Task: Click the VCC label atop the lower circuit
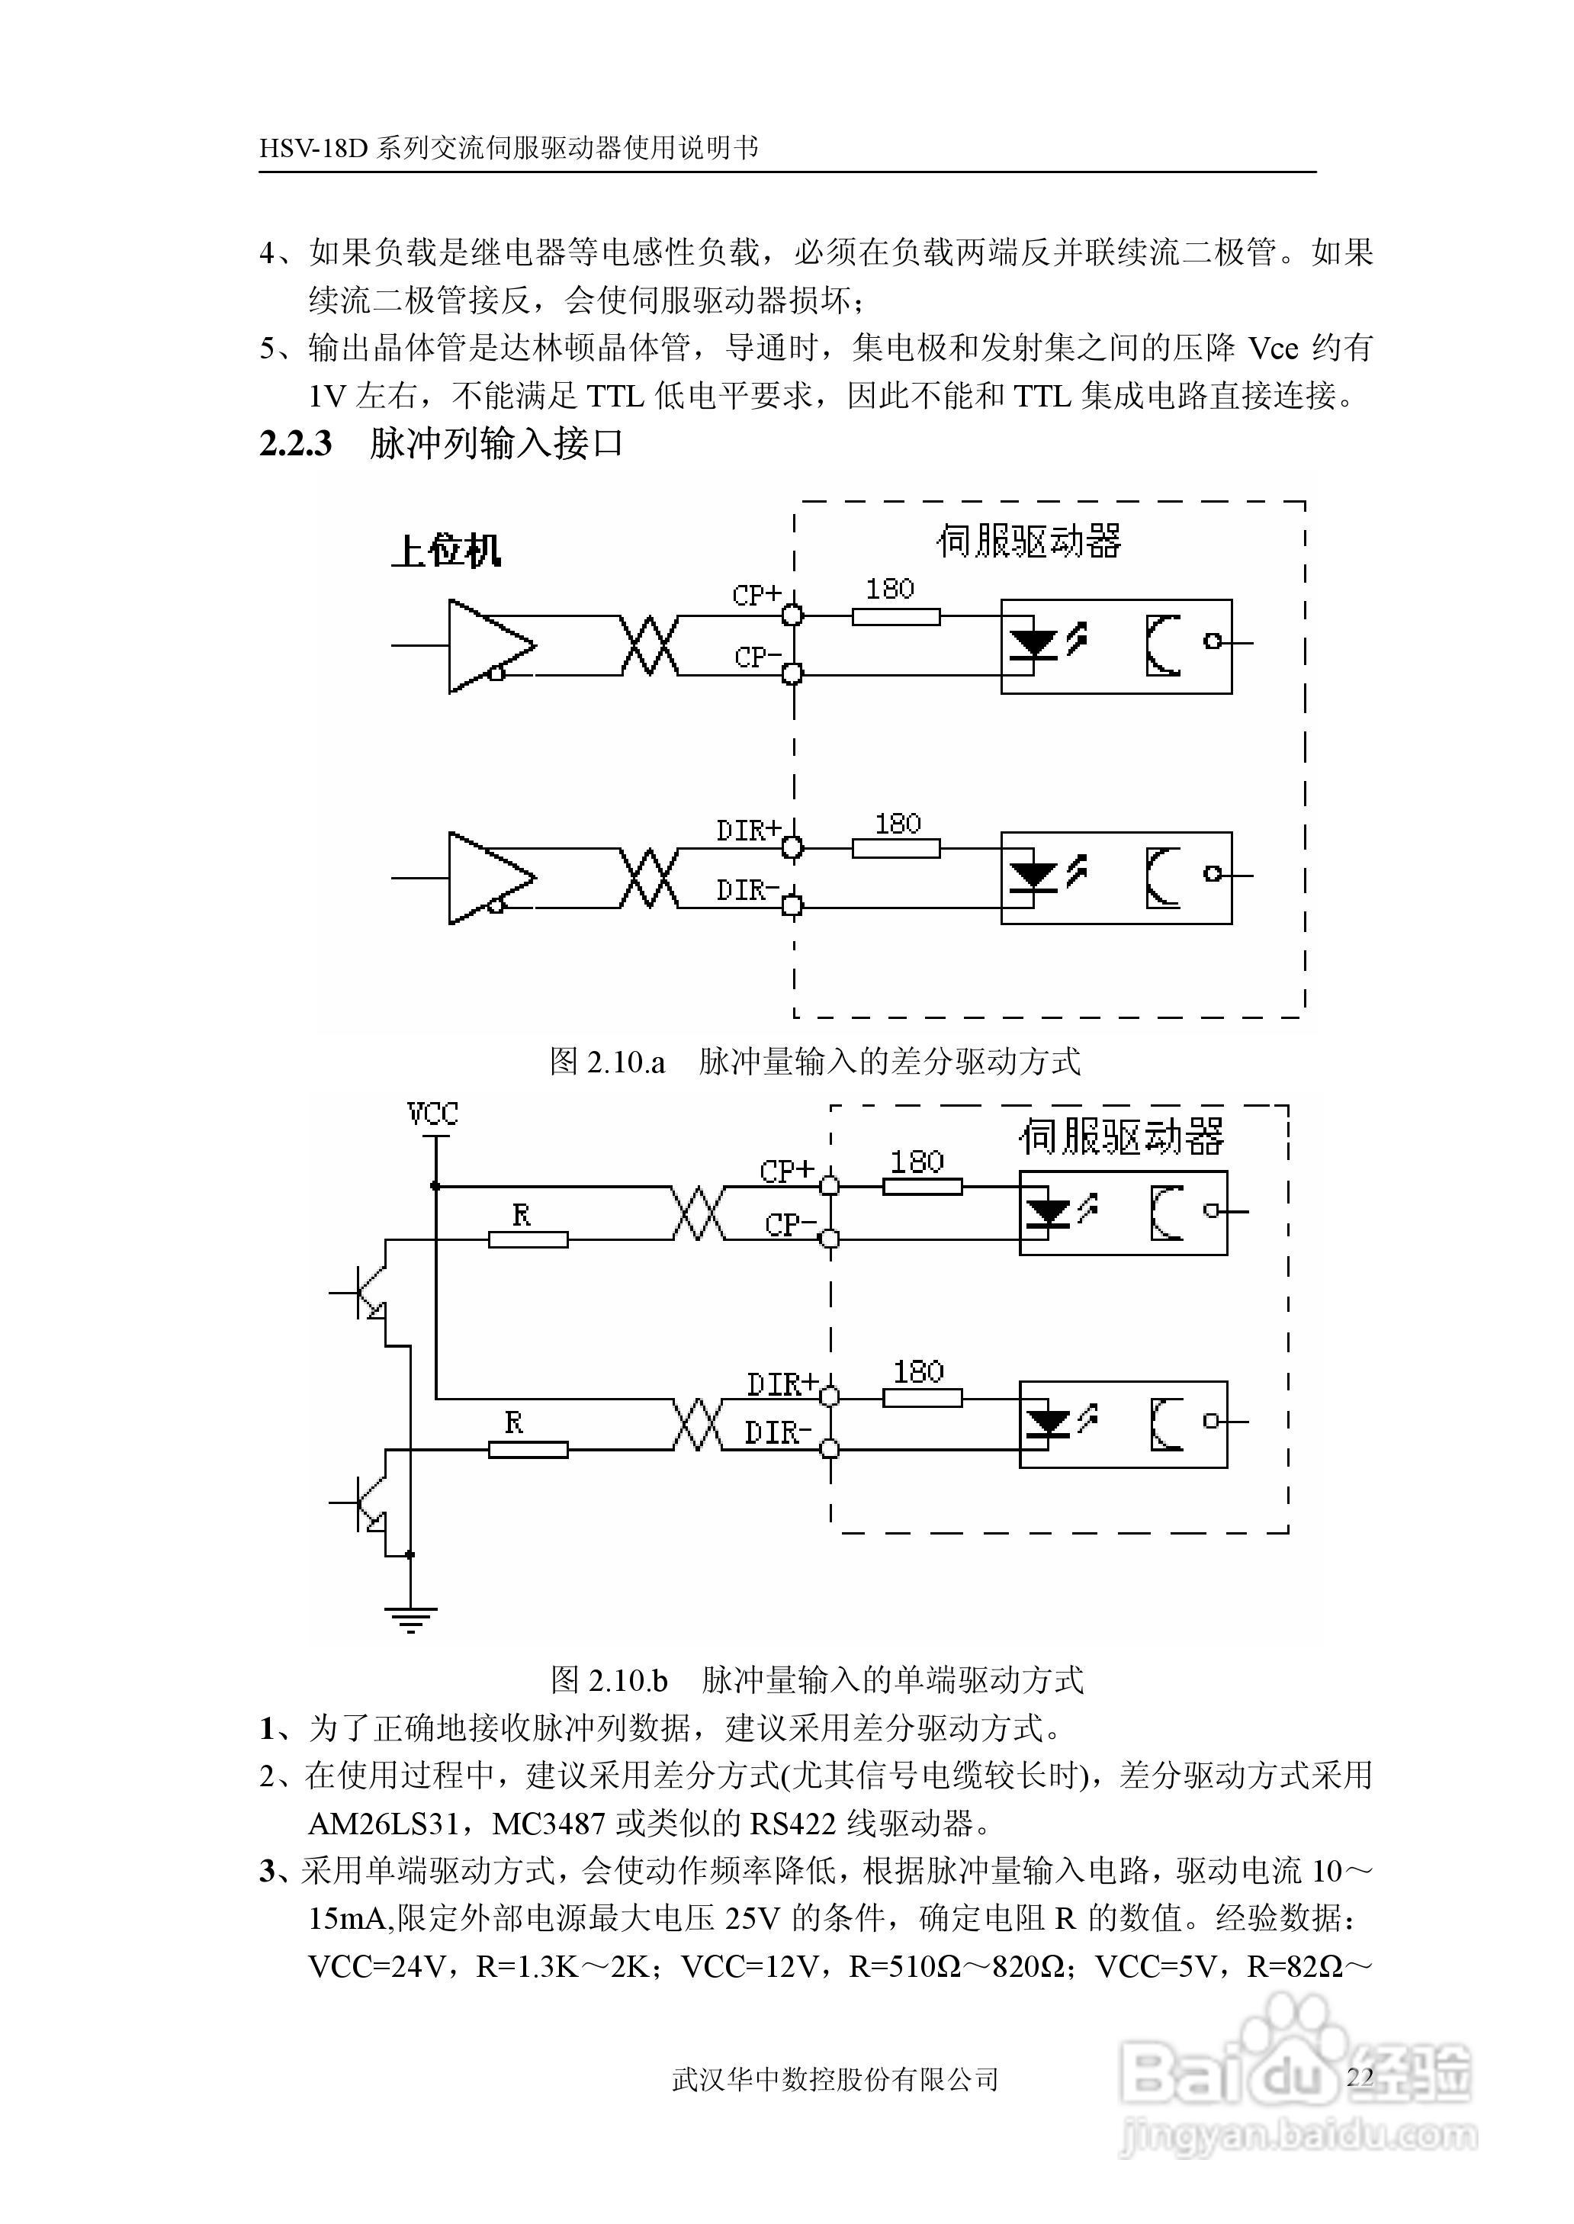coord(432,1114)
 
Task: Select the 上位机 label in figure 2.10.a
coord(446,551)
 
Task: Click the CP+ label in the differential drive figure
coord(756,594)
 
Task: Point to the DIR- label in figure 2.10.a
coord(747,889)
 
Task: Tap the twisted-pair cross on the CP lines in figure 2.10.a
coord(648,645)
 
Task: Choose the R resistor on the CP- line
coord(527,1239)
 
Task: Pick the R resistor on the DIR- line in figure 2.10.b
coord(527,1449)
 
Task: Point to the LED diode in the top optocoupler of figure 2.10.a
coord(1033,644)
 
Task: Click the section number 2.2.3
coord(296,444)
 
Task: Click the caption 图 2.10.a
coord(608,1062)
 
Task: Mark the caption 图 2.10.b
coord(609,1679)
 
